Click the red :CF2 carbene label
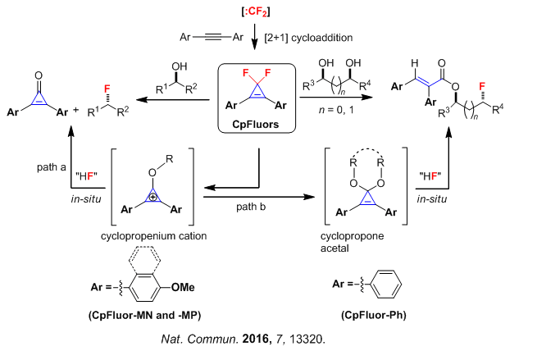[x=250, y=11]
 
